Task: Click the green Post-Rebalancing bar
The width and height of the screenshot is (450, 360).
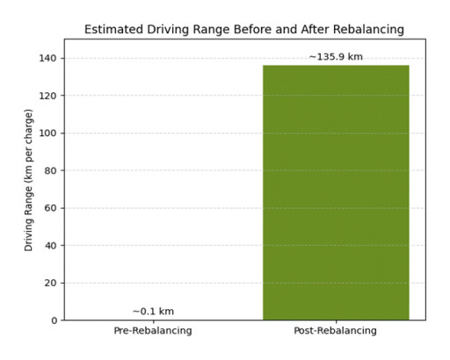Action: click(336, 192)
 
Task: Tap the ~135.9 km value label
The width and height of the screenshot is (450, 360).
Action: click(336, 57)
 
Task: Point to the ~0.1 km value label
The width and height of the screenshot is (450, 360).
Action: click(153, 311)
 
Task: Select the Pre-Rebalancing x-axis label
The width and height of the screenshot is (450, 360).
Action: click(153, 331)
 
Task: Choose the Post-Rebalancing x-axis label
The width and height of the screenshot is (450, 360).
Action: click(336, 331)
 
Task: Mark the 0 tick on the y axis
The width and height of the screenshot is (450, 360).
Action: click(53, 320)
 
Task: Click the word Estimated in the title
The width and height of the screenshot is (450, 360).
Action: click(113, 29)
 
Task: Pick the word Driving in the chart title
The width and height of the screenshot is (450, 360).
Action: click(169, 29)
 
